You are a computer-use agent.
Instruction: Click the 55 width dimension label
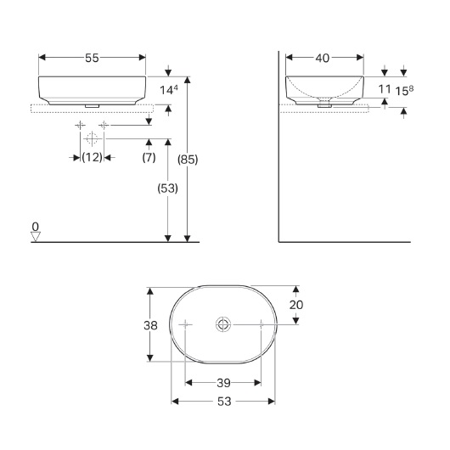pos(93,58)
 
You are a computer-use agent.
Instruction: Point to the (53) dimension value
pos(166,190)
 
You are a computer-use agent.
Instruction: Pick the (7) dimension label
pos(149,158)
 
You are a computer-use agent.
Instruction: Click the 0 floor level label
pos(35,227)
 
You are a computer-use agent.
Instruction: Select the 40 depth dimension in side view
pos(323,58)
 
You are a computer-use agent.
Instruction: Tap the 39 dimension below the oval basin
pos(223,382)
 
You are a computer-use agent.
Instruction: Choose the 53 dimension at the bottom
pos(223,401)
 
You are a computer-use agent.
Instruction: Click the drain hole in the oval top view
pos(223,323)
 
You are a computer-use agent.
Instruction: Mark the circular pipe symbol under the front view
pos(92,138)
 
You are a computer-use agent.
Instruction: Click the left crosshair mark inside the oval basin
pos(186,323)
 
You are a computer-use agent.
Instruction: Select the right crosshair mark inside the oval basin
pos(261,323)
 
